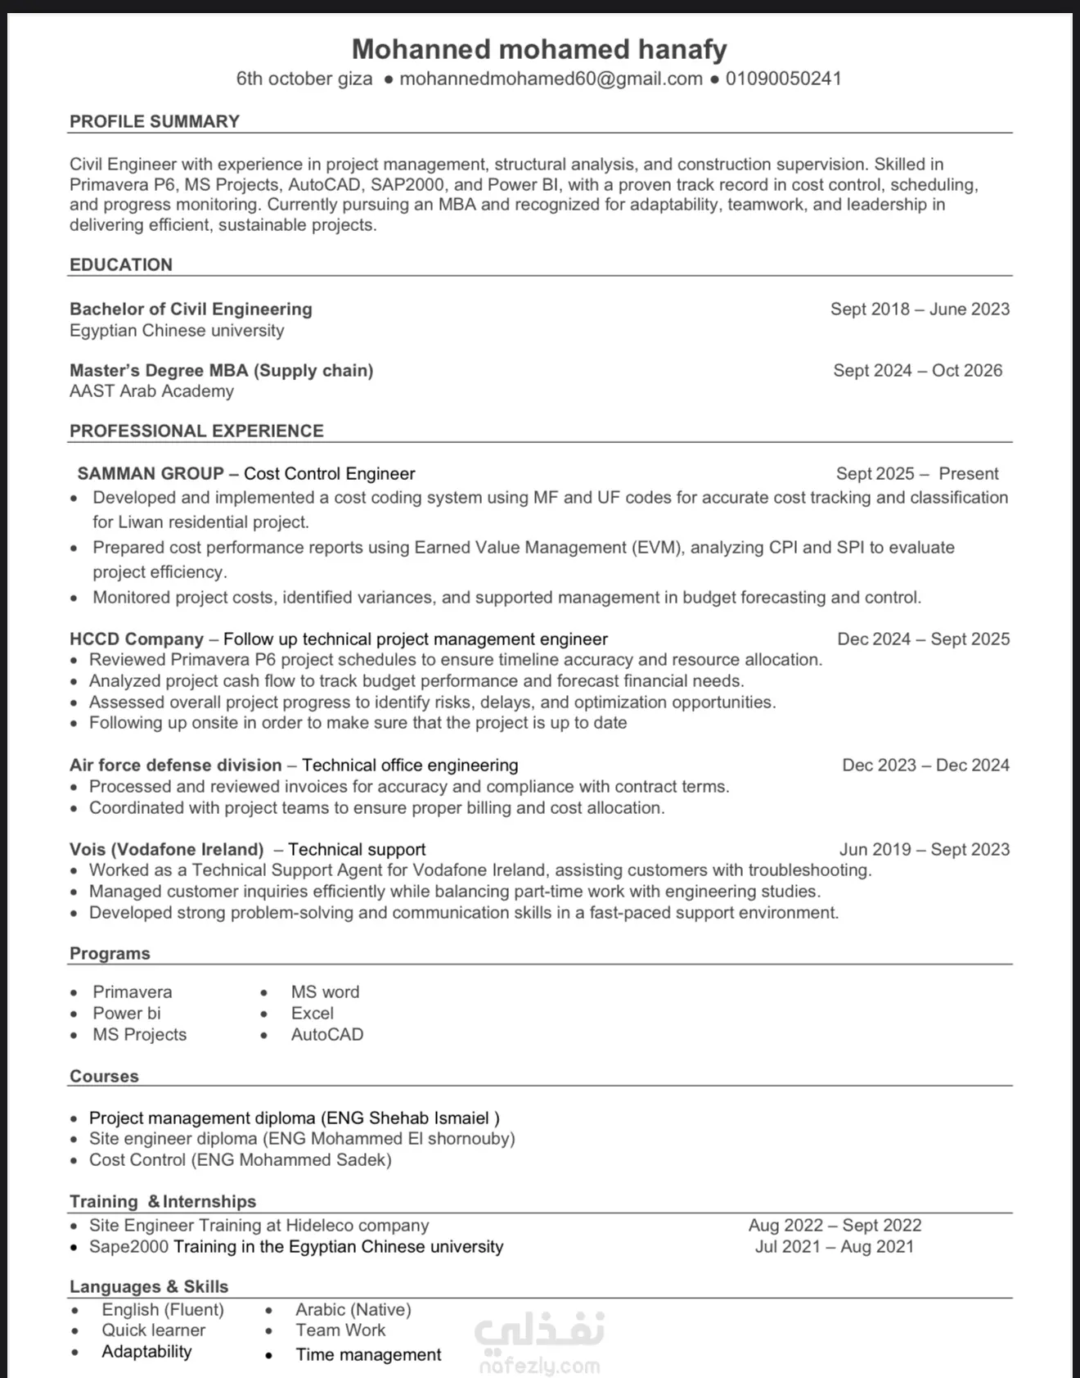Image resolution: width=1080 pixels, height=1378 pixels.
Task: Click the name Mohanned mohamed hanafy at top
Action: point(539,49)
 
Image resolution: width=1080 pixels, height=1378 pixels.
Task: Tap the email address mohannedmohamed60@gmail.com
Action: point(551,79)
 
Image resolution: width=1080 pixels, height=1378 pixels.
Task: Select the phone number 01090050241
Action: point(783,79)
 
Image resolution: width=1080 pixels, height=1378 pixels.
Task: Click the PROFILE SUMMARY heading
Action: point(155,121)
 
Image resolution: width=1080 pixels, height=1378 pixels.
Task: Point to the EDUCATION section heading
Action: point(121,264)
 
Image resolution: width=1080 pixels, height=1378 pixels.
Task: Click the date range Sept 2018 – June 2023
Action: point(920,309)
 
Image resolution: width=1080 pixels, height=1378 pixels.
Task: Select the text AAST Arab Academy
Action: point(151,391)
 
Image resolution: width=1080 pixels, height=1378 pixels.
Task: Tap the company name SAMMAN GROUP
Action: point(151,473)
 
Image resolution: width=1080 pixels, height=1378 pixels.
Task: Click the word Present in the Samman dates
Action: point(968,473)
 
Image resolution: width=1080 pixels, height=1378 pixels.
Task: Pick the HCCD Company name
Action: point(137,639)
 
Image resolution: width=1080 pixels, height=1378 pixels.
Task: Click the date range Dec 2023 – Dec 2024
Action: point(925,765)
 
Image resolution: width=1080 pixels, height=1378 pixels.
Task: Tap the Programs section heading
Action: point(110,953)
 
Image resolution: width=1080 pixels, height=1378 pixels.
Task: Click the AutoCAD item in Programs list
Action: point(327,1034)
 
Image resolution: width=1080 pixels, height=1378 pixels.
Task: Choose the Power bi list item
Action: point(127,1013)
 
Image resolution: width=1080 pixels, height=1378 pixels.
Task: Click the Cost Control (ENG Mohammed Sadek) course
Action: point(240,1159)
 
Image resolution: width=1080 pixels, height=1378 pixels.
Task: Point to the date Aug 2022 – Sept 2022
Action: point(835,1225)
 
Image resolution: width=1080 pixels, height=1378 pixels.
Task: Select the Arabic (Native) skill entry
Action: point(353,1309)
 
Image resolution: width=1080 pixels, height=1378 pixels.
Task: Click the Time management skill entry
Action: point(368,1354)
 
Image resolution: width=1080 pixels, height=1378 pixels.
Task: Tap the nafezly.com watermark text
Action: point(539,1366)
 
